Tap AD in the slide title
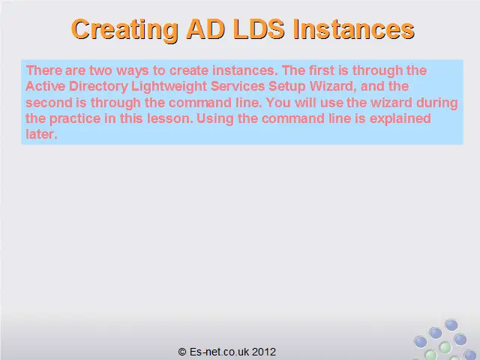205,29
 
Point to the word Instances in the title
353,29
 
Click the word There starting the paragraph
43,70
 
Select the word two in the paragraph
100,70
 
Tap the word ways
133,71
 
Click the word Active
45,86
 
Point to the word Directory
98,87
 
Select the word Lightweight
169,87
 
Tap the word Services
238,86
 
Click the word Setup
287,87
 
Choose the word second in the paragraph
49,102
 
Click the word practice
75,119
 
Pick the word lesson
170,118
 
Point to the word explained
400,119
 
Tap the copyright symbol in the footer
182,352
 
